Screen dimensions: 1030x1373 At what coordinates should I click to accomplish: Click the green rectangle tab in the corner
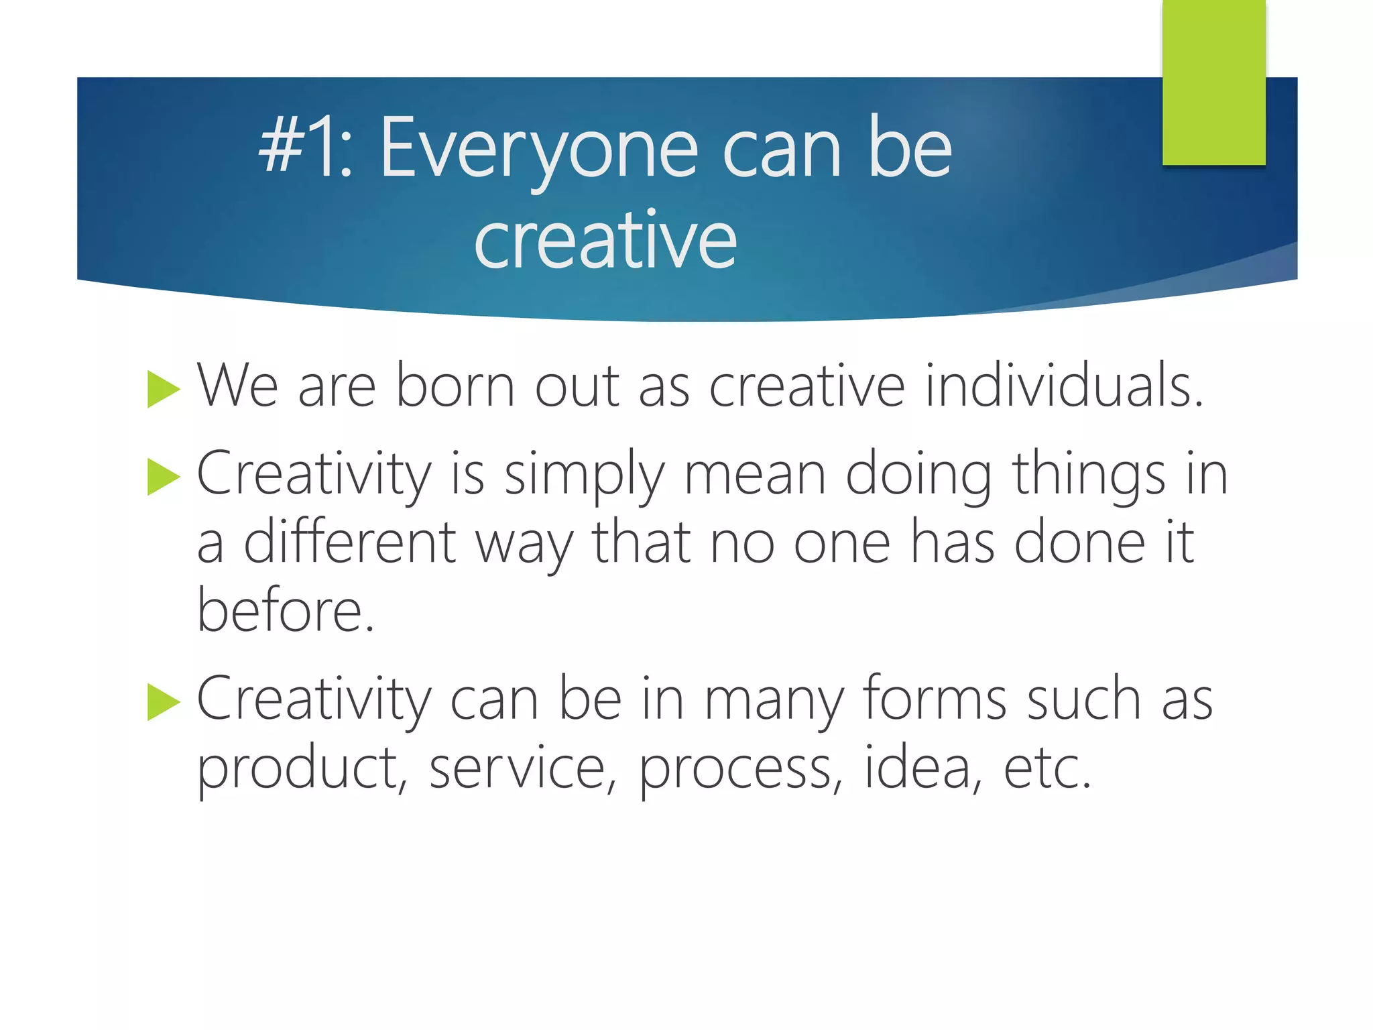click(1213, 82)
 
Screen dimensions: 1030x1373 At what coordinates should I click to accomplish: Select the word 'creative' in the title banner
click(605, 239)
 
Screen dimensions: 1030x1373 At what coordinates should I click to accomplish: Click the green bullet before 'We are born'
click(164, 388)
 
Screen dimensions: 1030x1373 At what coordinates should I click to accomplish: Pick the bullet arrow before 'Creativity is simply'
click(164, 477)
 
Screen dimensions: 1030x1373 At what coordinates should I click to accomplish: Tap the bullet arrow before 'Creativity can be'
click(164, 702)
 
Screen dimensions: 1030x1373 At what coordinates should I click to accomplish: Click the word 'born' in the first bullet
click(455, 386)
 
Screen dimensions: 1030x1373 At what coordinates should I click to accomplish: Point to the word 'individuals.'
click(1064, 386)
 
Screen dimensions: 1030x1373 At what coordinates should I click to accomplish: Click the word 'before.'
click(286, 610)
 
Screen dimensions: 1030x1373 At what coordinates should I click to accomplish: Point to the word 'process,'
click(741, 770)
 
